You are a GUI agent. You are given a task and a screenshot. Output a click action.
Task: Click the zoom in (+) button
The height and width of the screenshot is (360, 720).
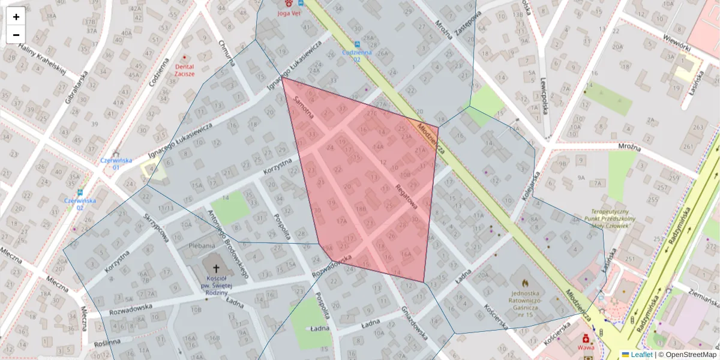click(16, 17)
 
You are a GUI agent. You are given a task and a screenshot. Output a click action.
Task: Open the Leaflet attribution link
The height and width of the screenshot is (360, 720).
click(637, 355)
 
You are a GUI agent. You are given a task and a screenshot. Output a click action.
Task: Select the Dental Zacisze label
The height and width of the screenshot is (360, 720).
click(184, 70)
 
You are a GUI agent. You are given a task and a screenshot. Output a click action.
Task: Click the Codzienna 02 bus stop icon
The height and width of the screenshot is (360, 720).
click(358, 44)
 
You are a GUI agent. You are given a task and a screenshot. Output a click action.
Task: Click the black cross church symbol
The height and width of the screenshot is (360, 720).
click(216, 269)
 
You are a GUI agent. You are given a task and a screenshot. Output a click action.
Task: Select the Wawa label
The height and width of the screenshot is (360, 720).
click(586, 347)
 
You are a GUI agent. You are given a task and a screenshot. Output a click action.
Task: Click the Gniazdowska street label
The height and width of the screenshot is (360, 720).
click(415, 325)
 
